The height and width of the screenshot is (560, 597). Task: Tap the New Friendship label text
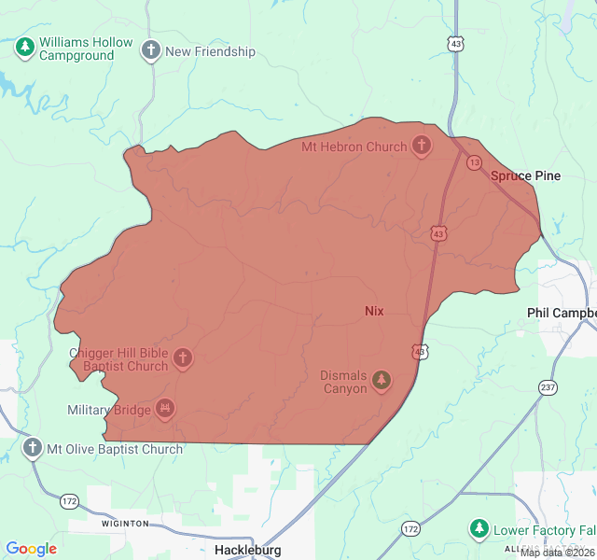[210, 52]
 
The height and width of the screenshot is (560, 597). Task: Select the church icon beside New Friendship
[151, 50]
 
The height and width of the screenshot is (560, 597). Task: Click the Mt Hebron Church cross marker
[422, 147]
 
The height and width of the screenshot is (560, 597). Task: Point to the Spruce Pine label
[525, 175]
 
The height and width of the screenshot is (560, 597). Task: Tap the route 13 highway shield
[475, 162]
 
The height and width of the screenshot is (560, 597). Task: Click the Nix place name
[373, 311]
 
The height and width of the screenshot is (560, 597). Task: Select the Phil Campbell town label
[561, 313]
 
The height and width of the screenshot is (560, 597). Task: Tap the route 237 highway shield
[548, 386]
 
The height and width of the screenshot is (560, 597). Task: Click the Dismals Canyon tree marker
[381, 380]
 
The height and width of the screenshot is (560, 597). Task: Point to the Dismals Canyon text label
[344, 382]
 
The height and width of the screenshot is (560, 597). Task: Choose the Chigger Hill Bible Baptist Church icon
[183, 358]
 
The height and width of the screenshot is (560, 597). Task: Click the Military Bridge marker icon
[165, 408]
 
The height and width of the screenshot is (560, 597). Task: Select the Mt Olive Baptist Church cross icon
[33, 449]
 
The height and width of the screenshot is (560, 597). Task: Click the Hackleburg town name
[247, 550]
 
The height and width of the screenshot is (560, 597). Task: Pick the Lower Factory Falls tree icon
[479, 530]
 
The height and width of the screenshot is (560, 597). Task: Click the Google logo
[31, 549]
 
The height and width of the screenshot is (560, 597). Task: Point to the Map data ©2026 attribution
[557, 553]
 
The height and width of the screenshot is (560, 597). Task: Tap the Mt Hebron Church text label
[354, 147]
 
